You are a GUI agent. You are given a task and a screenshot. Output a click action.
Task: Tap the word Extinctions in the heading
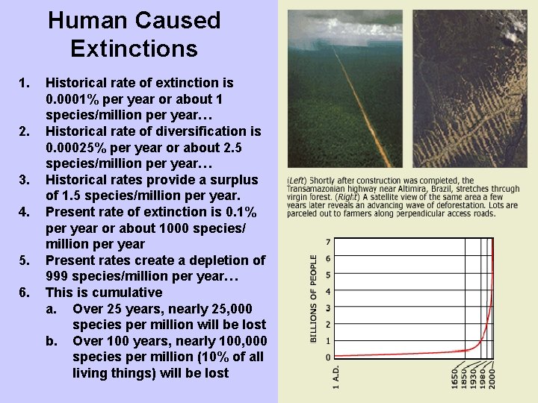(x=134, y=49)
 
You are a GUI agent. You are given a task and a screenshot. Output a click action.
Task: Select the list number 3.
(x=25, y=180)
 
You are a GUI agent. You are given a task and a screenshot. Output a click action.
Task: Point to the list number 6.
(x=25, y=292)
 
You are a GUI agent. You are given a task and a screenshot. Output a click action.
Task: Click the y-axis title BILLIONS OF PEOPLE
(x=314, y=299)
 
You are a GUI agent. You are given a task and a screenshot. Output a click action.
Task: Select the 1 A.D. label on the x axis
(x=336, y=376)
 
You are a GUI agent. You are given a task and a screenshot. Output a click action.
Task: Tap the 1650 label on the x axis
(x=454, y=378)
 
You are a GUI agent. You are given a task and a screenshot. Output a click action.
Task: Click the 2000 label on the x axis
(x=492, y=378)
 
